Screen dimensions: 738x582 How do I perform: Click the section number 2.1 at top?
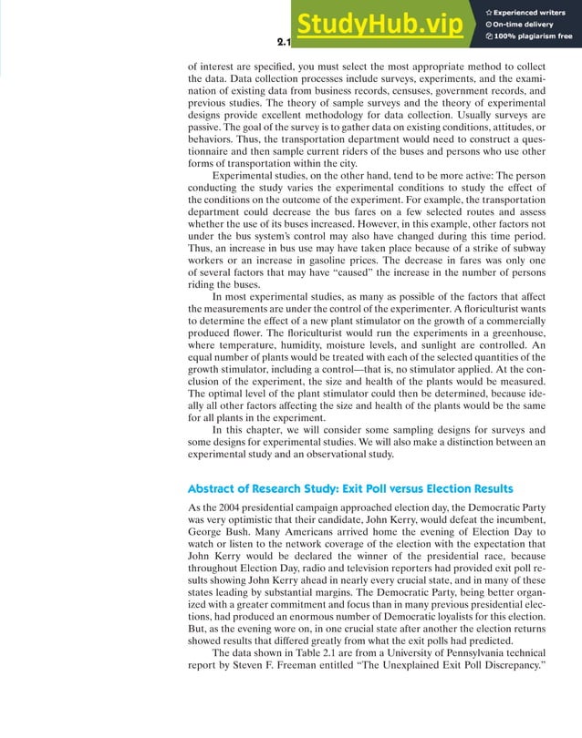pos(284,43)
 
